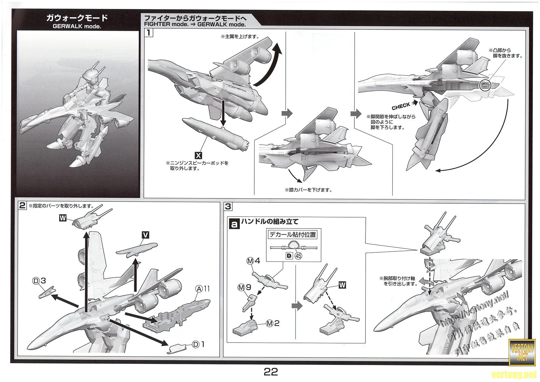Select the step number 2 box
tap(22, 205)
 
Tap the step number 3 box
tap(228, 206)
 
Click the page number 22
tap(271, 372)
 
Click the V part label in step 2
tap(146, 235)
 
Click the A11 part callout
tap(203, 289)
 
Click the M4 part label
tap(253, 261)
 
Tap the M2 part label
tap(273, 323)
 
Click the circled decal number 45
tap(298, 255)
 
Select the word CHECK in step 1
tap(401, 106)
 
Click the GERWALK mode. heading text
tap(77, 26)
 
